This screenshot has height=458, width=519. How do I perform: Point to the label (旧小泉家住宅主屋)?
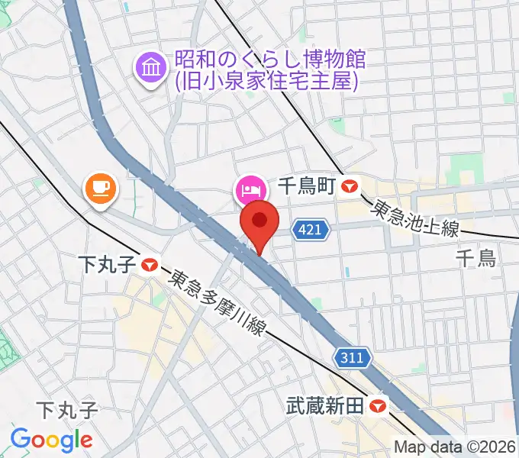(x=266, y=80)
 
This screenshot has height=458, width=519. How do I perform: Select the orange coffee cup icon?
(x=100, y=188)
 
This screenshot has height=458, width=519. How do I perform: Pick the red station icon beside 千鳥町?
(x=350, y=185)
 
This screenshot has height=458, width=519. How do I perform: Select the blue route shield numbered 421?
(x=311, y=228)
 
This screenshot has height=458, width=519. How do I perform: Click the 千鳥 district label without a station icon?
(x=475, y=258)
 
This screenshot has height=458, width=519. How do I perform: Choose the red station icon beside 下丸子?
(x=149, y=266)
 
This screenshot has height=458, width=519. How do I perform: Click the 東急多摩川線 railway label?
(x=218, y=302)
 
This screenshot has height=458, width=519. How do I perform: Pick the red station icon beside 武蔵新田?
(x=376, y=406)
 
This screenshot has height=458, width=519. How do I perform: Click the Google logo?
(x=51, y=440)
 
